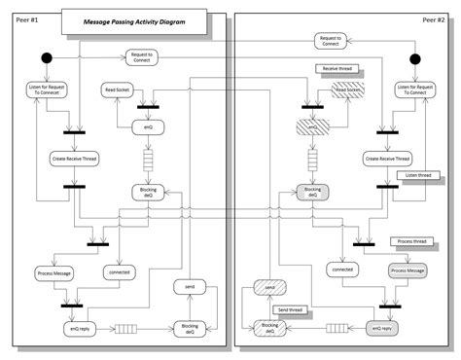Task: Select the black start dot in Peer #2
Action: tap(413, 59)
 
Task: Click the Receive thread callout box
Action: tap(333, 69)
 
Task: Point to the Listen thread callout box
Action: tap(415, 175)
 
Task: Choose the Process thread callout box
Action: tap(413, 240)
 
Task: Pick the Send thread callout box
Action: tap(293, 308)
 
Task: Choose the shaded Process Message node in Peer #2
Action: tap(407, 270)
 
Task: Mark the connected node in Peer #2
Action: tap(342, 268)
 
